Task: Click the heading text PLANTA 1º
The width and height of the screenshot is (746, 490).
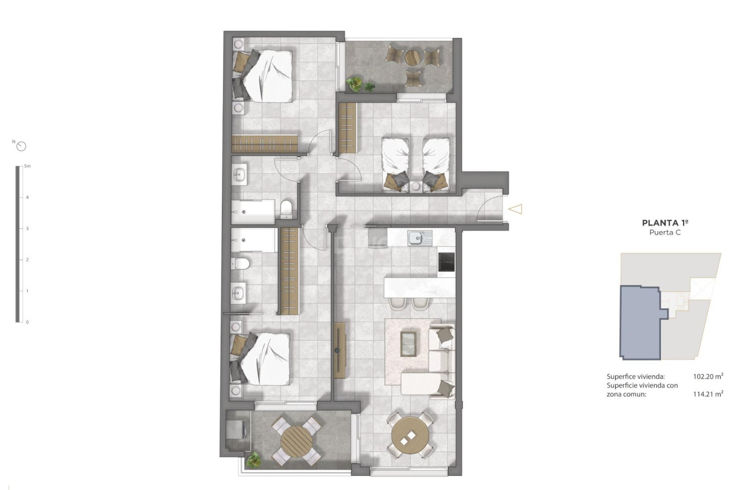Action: pos(665,223)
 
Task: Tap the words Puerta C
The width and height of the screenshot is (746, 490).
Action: pos(665,233)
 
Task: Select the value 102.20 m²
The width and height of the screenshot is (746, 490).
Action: pos(708,376)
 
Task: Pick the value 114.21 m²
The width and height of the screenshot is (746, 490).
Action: pos(708,393)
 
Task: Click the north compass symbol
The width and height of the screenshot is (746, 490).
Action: pos(22,146)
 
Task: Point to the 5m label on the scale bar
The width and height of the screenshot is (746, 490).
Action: pos(27,166)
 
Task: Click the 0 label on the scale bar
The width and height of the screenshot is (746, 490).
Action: pos(27,321)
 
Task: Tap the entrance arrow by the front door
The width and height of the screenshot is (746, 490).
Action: pos(515,210)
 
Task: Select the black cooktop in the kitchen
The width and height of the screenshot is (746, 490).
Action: pos(446,262)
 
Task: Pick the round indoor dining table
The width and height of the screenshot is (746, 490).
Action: pos(410,435)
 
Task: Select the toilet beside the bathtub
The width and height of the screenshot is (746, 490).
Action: pos(287,208)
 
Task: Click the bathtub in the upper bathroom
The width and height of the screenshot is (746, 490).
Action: pos(253,211)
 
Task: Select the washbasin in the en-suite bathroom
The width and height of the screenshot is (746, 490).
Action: pos(238,293)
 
